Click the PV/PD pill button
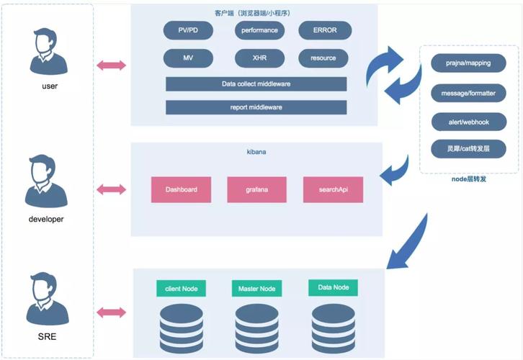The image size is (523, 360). [x=188, y=30]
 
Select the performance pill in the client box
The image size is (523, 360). [x=260, y=30]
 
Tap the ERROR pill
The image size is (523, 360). [x=325, y=30]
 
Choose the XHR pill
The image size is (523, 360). [x=260, y=58]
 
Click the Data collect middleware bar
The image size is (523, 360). [x=256, y=84]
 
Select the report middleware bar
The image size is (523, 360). [x=256, y=107]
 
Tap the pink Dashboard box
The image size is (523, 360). [x=181, y=189]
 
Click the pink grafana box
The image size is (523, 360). [x=256, y=189]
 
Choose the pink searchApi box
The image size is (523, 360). [x=333, y=189]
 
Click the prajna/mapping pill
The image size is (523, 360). [x=468, y=63]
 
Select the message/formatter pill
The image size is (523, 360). [x=468, y=93]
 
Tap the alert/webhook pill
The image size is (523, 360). [x=468, y=122]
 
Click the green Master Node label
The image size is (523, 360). [x=257, y=289]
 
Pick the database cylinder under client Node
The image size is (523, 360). [x=182, y=327]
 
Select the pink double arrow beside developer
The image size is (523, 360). [x=111, y=189]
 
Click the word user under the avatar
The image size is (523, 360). [x=49, y=86]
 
